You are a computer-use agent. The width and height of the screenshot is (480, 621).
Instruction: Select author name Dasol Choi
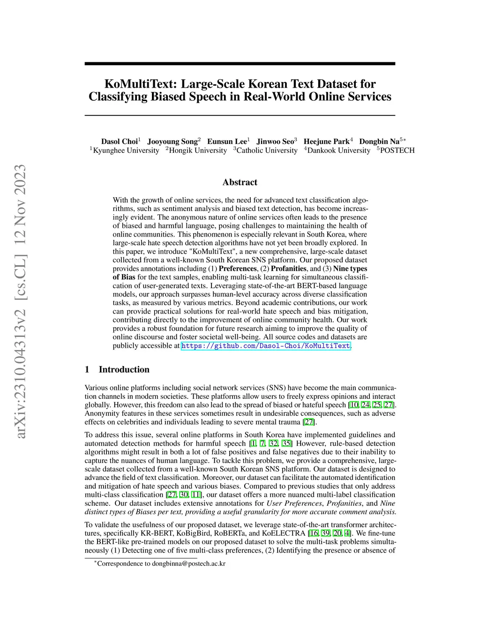click(120, 142)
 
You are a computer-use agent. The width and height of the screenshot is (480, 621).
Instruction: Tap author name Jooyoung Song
click(172, 142)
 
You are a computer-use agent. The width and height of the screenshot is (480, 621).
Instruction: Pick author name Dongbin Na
click(379, 142)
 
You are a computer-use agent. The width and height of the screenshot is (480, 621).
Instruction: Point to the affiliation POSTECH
click(397, 150)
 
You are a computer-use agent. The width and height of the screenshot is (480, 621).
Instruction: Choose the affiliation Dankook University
click(338, 150)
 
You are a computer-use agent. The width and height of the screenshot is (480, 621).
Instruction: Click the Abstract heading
click(240, 182)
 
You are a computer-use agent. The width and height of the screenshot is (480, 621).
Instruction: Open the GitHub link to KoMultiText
click(265, 346)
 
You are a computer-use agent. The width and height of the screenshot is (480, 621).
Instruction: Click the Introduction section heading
click(124, 369)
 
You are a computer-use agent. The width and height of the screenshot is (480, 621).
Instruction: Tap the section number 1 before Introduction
click(87, 369)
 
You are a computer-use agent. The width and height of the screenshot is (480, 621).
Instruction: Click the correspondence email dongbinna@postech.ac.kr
click(188, 563)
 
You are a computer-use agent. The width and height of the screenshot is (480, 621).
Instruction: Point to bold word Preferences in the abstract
click(238, 269)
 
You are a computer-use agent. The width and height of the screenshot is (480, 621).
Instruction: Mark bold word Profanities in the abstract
click(288, 269)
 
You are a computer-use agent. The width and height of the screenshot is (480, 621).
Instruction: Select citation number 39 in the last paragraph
click(324, 533)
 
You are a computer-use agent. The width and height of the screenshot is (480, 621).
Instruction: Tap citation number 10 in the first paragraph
click(354, 405)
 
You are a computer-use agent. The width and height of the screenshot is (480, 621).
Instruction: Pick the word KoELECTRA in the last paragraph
click(284, 533)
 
